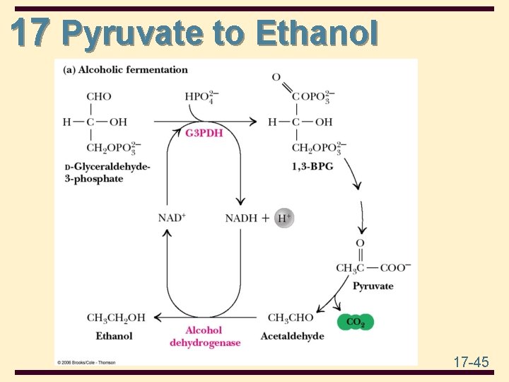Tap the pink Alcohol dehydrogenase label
[x=204, y=336]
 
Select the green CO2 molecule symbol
[x=356, y=323]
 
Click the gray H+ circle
[x=283, y=218]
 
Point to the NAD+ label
[x=172, y=218]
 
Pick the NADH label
[x=241, y=218]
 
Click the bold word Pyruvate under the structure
[x=373, y=286]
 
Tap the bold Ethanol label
[x=115, y=335]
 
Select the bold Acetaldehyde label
[x=293, y=335]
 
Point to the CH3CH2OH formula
[x=116, y=318]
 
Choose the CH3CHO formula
[x=291, y=318]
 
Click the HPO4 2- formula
[x=200, y=97]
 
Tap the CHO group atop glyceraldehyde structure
[x=99, y=97]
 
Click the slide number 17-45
[x=471, y=362]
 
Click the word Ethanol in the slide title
[x=317, y=33]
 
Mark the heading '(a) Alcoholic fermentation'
[x=126, y=70]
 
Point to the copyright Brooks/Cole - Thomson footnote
[x=86, y=362]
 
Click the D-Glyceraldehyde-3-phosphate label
[x=107, y=172]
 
